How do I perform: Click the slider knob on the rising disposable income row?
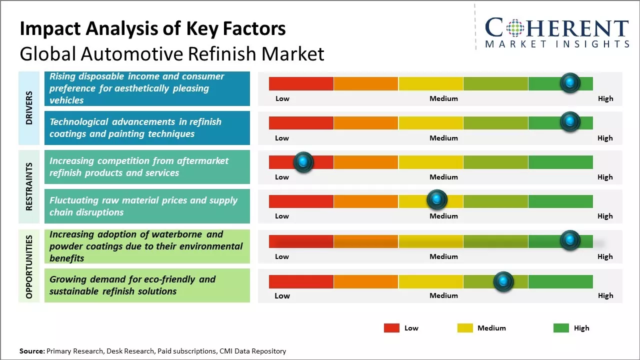pyautogui.click(x=570, y=83)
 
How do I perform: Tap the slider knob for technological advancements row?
pyautogui.click(x=570, y=122)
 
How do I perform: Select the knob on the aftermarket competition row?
pyautogui.click(x=303, y=162)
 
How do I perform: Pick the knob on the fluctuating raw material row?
pyautogui.click(x=437, y=200)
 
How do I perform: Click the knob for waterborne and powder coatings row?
pyautogui.click(x=570, y=240)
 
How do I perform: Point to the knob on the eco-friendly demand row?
pyautogui.click(x=503, y=281)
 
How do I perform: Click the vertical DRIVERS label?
pyautogui.click(x=29, y=108)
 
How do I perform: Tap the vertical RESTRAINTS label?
pyautogui.click(x=29, y=186)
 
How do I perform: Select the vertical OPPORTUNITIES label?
pyautogui.click(x=29, y=266)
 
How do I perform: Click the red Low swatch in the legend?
pyautogui.click(x=391, y=328)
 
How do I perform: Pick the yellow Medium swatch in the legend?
pyautogui.click(x=465, y=328)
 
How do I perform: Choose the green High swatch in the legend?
pyautogui.click(x=561, y=328)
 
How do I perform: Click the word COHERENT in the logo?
pyautogui.click(x=557, y=28)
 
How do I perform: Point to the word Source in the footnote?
pyautogui.click(x=31, y=351)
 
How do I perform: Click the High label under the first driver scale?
pyautogui.click(x=605, y=98)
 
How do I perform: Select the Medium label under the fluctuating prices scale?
pyautogui.click(x=443, y=216)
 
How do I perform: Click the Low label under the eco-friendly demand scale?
pyautogui.click(x=282, y=295)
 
